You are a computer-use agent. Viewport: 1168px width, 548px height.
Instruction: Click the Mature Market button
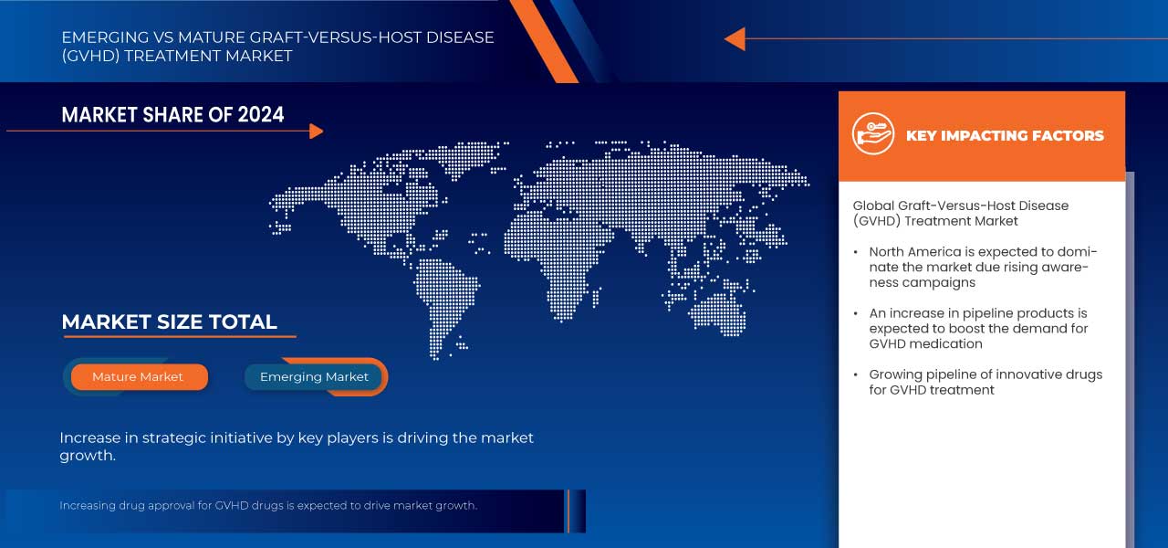click(138, 376)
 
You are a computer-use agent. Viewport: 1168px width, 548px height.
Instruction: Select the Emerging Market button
click(314, 376)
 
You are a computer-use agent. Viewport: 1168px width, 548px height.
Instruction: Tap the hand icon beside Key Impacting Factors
click(872, 134)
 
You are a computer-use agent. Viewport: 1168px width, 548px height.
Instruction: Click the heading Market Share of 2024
click(172, 114)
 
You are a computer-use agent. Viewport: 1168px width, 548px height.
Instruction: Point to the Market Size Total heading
click(169, 321)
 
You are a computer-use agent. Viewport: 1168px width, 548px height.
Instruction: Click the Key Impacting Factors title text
click(1005, 135)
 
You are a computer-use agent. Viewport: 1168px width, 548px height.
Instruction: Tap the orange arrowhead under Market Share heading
click(316, 132)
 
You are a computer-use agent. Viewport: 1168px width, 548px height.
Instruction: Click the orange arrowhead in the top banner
click(735, 39)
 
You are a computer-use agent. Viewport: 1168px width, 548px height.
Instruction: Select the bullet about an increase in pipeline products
click(977, 328)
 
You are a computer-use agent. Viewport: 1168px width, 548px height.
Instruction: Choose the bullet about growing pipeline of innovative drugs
click(985, 382)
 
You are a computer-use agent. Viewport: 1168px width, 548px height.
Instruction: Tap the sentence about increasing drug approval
click(268, 505)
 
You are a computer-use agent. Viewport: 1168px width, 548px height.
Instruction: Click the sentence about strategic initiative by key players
click(297, 447)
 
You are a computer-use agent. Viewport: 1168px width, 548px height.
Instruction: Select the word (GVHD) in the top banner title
click(92, 56)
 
